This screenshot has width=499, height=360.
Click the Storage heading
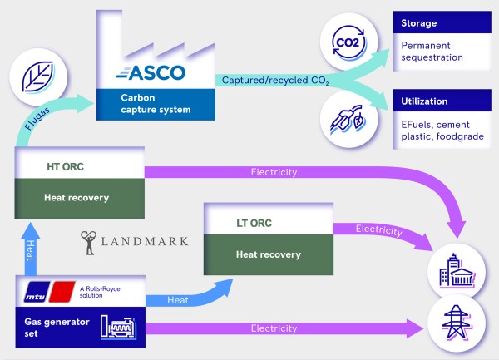419,23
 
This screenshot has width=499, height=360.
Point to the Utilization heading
425,101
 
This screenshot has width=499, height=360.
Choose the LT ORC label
254,224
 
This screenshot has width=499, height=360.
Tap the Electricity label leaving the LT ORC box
379,229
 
